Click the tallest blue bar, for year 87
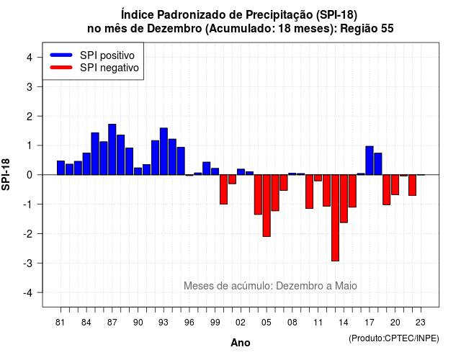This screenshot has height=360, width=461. pos(112,150)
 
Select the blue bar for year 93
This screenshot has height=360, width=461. pos(164,151)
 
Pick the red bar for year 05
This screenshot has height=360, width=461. pos(267,205)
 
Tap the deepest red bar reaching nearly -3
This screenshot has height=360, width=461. pos(335,217)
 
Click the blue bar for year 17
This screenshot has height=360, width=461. pos(370,161)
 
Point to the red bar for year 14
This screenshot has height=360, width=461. pos(344,199)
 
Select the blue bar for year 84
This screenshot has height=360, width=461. pos(86,164)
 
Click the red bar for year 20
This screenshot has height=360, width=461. pos(395,184)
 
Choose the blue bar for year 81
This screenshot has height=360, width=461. pos(61,168)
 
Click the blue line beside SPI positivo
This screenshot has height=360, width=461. pos(61,55)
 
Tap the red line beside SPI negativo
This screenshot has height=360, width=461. pos(61,67)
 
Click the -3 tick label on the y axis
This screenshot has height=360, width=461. pos(28,263)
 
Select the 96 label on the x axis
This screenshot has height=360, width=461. pos(189,323)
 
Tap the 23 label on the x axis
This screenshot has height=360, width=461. pos(421,323)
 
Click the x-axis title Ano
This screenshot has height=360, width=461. pos(241,343)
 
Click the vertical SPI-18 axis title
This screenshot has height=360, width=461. pos(6,174)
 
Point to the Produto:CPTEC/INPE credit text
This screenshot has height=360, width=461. pos(394,338)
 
